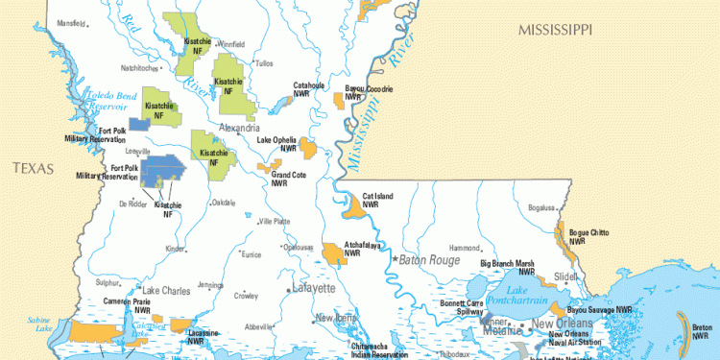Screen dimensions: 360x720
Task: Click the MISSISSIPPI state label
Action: pyautogui.click(x=555, y=31)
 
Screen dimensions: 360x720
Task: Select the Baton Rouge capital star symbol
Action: pyautogui.click(x=393, y=260)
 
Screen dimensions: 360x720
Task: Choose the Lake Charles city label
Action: pyautogui.click(x=166, y=289)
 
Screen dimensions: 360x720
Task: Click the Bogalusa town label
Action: pyautogui.click(x=541, y=207)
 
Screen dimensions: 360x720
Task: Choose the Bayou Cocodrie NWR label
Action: pyautogui.click(x=369, y=92)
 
